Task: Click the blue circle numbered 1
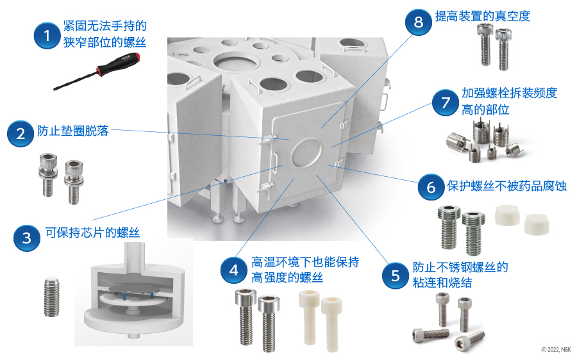point(47,36)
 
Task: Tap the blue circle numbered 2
point(21,133)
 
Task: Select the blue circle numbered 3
point(27,238)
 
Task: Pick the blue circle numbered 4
point(234,270)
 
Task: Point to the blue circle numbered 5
point(395,275)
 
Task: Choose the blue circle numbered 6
point(431,187)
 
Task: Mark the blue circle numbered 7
point(446,102)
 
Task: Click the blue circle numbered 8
point(419,22)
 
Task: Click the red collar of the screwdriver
point(101,69)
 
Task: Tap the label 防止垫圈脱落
point(73,131)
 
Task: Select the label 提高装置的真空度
point(482,16)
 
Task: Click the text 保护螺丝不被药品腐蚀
point(506,186)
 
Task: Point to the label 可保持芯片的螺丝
point(92,233)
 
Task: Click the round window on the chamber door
point(306,152)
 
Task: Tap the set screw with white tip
point(52,297)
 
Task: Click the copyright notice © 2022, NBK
point(556,350)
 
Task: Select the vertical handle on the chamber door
point(274,160)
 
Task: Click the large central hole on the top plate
point(235,61)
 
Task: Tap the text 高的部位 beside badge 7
point(485,110)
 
